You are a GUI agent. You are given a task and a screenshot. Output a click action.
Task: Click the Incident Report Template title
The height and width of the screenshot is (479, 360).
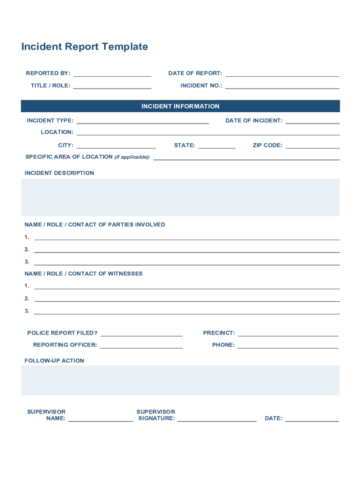pos(85,47)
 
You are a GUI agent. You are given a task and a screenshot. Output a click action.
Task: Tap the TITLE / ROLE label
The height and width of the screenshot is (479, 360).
pos(50,86)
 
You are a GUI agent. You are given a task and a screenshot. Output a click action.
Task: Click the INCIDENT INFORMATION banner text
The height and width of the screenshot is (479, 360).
pos(180,106)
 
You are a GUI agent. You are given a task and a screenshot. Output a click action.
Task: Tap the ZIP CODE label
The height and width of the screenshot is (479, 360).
pos(267,145)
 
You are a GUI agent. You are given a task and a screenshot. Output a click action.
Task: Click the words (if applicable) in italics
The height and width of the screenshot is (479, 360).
pos(132,157)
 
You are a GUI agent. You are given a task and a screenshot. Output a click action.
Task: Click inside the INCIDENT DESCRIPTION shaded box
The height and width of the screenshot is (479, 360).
pos(180,197)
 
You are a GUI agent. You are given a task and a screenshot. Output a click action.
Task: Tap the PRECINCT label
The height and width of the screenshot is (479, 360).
pos(219,333)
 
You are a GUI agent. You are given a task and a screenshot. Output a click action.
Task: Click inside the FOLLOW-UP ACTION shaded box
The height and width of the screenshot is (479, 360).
pos(180,380)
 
